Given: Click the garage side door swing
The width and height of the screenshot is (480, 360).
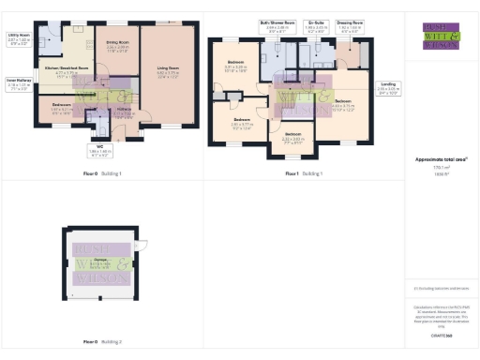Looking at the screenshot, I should pyautogui.click(x=143, y=245).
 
